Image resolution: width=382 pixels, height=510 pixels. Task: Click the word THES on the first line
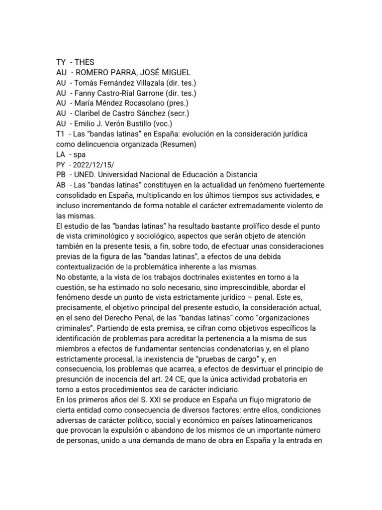coord(84,62)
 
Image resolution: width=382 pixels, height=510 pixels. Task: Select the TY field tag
coord(61,62)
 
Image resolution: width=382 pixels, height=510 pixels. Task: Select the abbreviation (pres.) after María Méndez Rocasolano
coord(178,103)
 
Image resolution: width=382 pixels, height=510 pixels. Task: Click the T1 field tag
coord(60,134)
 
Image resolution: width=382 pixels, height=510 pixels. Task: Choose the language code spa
coord(79,155)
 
